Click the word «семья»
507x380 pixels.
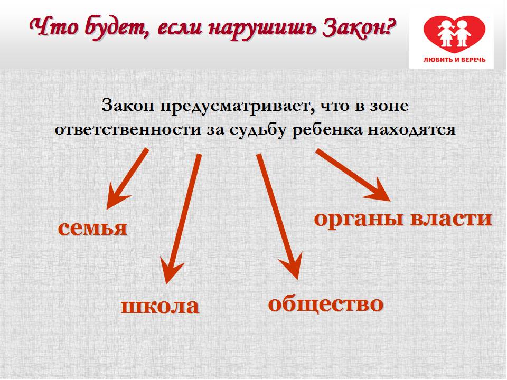click(x=92, y=228)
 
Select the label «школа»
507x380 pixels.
click(x=159, y=306)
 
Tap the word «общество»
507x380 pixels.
click(x=326, y=304)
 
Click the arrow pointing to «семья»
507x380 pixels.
click(x=127, y=179)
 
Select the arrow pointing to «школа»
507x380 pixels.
click(x=183, y=218)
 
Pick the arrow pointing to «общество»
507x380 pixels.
click(x=279, y=216)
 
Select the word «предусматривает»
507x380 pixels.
click(x=237, y=106)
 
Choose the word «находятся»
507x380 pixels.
click(x=412, y=130)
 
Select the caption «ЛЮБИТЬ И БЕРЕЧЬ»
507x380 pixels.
click(x=454, y=60)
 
